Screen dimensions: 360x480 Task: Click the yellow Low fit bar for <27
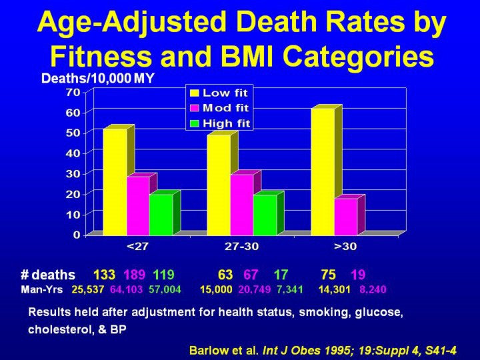click(114, 181)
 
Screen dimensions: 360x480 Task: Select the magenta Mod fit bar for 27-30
click(241, 204)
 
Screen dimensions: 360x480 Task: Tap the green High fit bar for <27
click(160, 214)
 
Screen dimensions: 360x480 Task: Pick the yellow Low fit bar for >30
click(322, 171)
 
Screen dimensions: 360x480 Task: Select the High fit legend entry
click(221, 123)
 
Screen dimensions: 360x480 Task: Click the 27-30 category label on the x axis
click(242, 247)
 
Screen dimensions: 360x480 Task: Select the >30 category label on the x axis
click(346, 247)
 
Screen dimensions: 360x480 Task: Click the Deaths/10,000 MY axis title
click(97, 79)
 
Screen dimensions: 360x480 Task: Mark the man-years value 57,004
click(164, 290)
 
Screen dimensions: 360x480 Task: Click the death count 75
click(328, 275)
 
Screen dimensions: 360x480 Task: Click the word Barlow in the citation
click(208, 349)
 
